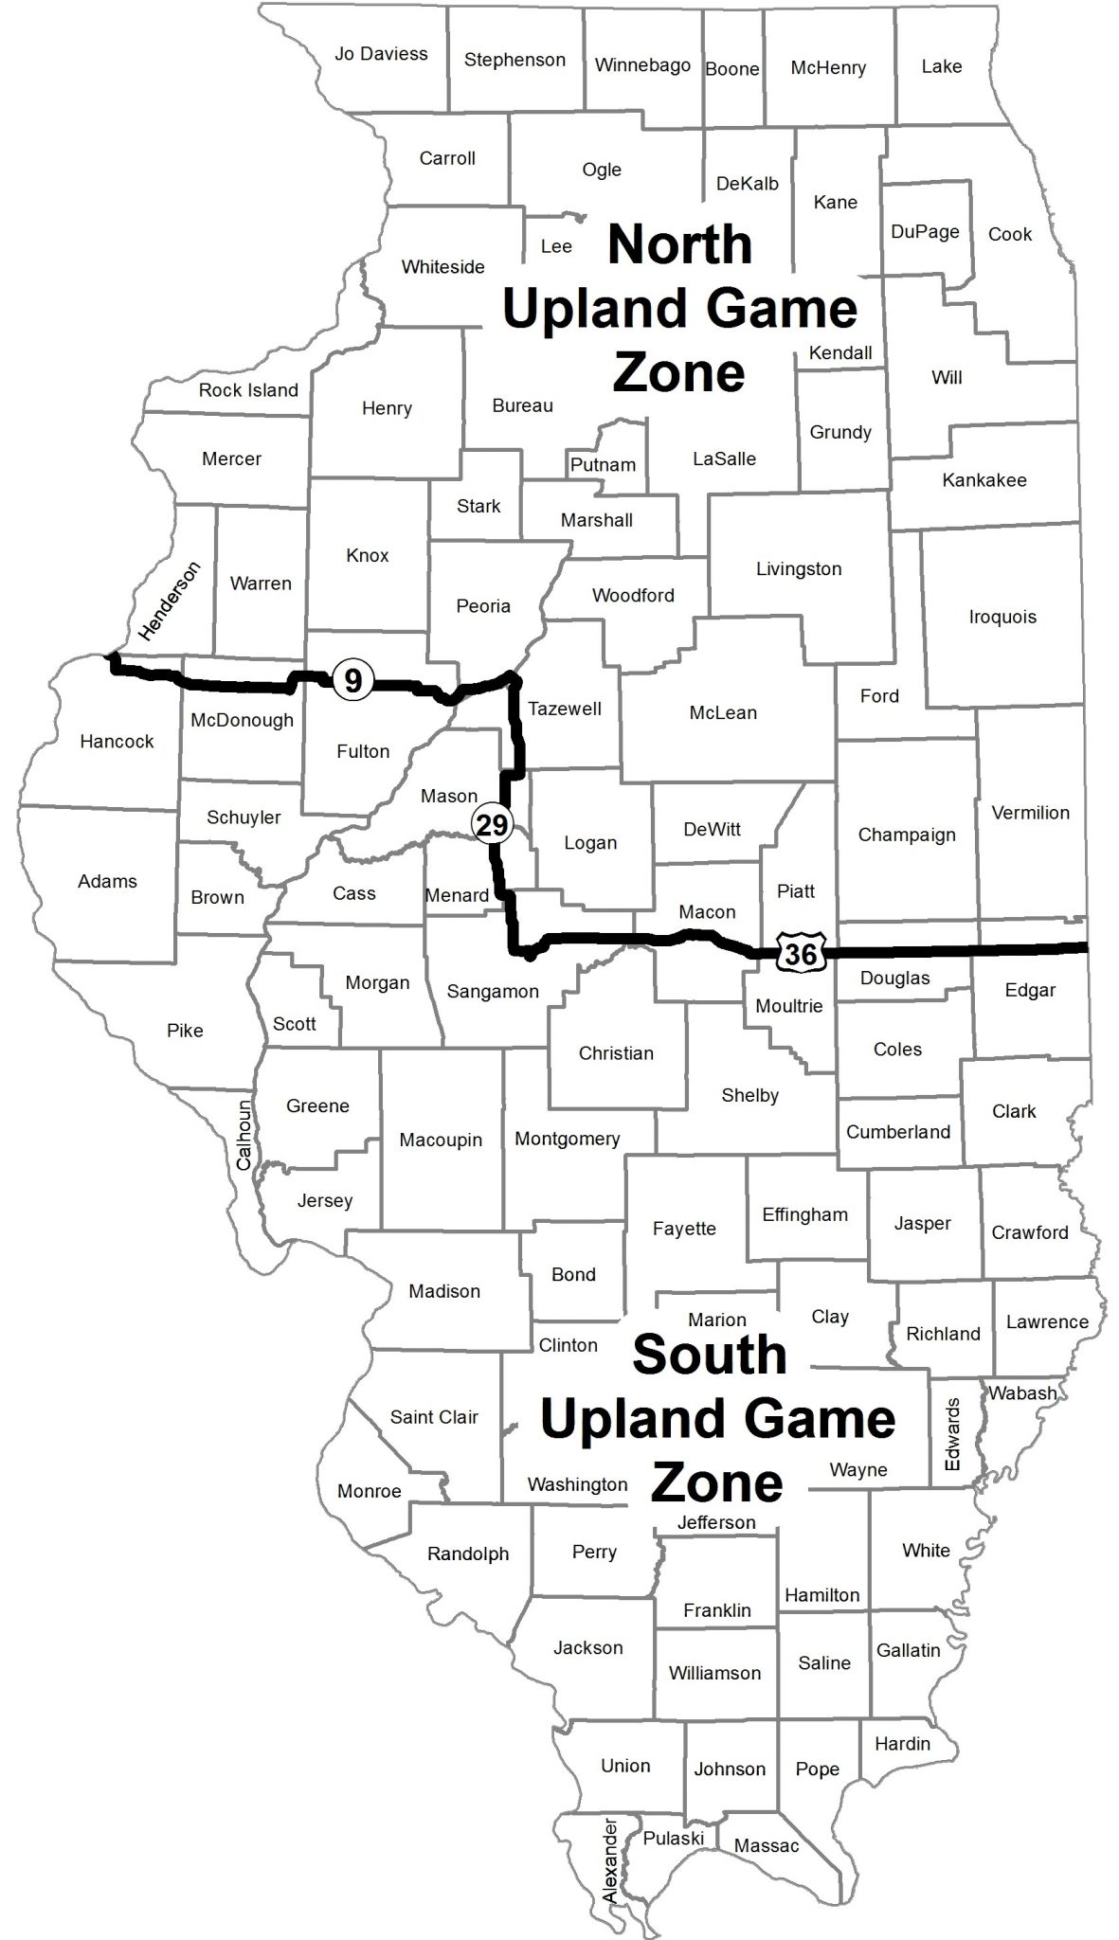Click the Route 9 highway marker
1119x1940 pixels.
click(352, 679)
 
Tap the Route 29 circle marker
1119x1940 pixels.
click(493, 824)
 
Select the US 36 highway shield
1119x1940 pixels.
click(801, 952)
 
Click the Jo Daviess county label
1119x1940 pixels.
click(381, 54)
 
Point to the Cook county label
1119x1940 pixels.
click(1010, 234)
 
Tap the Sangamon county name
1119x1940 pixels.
click(493, 992)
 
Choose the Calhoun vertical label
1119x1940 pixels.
click(244, 1134)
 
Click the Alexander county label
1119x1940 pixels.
click(610, 1861)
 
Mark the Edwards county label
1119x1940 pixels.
click(952, 1434)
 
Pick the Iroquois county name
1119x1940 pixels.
click(1002, 617)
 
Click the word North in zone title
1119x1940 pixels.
click(679, 245)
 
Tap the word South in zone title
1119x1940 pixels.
click(709, 1355)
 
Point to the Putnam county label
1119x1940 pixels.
click(603, 465)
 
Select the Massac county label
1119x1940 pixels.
click(767, 1845)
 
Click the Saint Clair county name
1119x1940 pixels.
click(434, 1417)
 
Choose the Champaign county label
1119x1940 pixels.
click(907, 835)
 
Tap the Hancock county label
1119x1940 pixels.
click(117, 741)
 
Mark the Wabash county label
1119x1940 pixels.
click(1022, 1392)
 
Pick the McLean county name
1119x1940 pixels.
click(723, 712)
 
